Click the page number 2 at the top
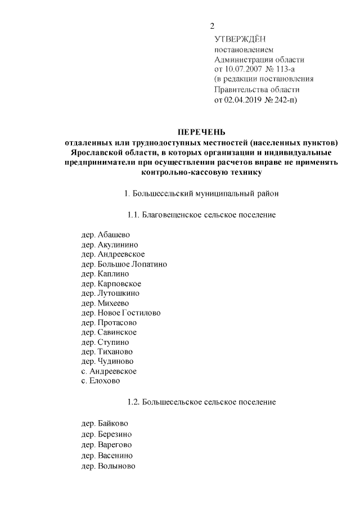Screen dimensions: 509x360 tap(213, 26)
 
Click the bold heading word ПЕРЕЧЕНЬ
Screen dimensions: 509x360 tap(201, 132)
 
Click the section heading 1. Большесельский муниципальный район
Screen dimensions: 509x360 tap(201, 194)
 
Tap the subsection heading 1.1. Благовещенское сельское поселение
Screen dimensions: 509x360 tap(201, 215)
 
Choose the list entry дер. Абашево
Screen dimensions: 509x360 tap(106, 235)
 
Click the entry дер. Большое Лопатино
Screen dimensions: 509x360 tap(124, 264)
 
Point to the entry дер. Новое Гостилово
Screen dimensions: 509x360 tap(121, 313)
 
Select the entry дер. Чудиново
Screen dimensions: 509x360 tap(107, 361)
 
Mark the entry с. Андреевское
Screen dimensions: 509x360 tap(109, 371)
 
